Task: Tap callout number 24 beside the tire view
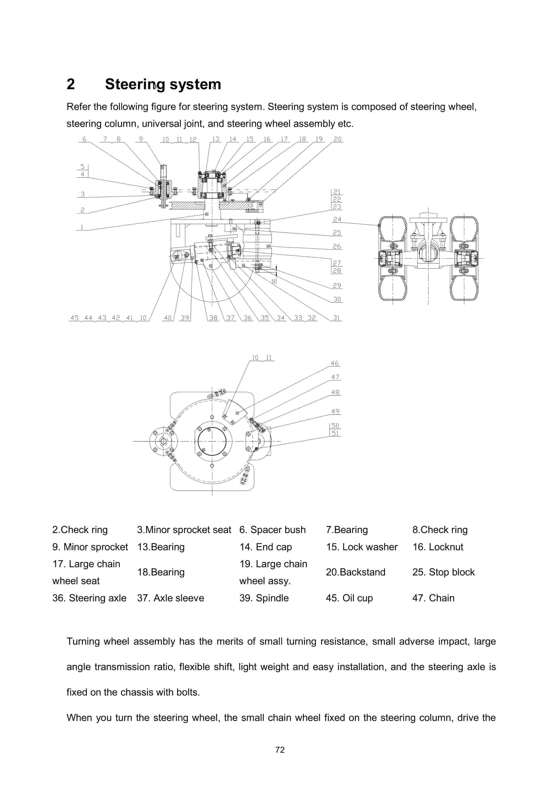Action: (x=337, y=219)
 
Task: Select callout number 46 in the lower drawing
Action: (x=335, y=363)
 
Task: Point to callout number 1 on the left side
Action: (x=82, y=227)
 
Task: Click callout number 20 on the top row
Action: (x=337, y=139)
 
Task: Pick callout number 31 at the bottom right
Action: (x=336, y=318)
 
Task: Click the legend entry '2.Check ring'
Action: (x=80, y=530)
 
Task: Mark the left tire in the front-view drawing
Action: (x=392, y=258)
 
